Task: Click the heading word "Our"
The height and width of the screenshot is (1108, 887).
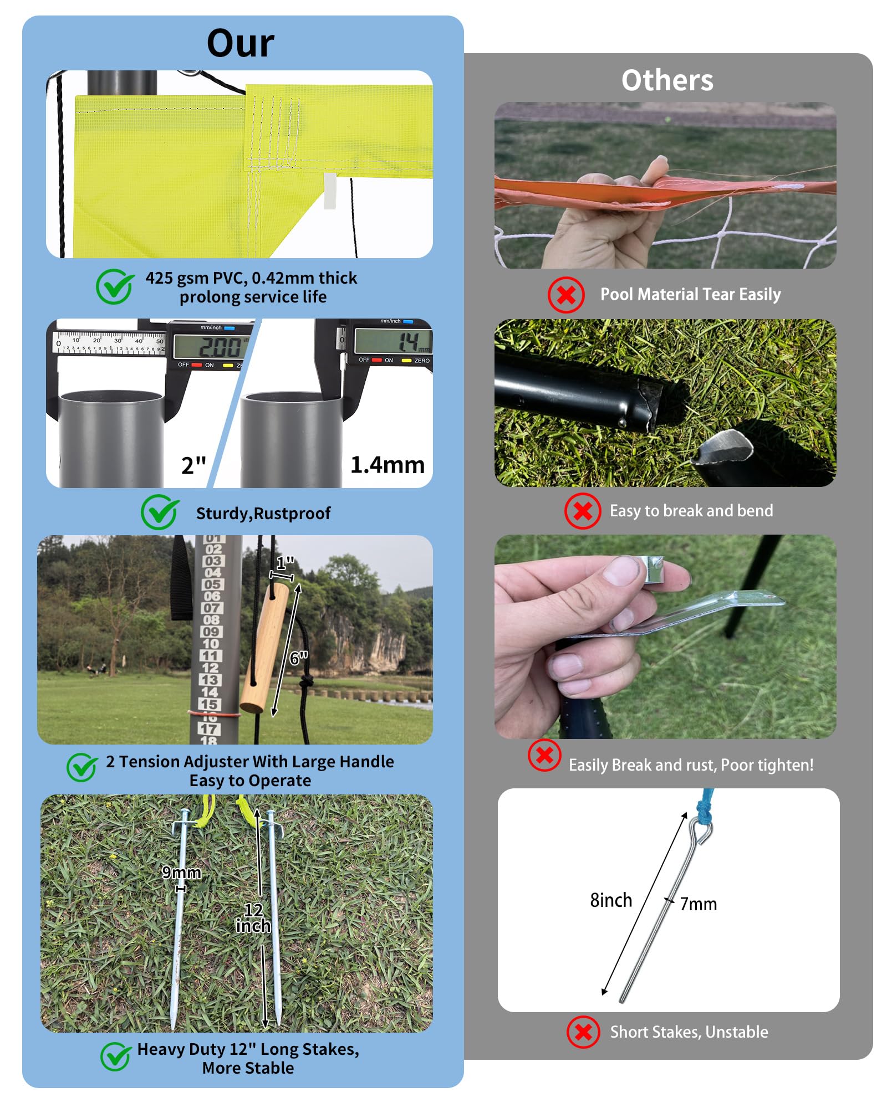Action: [240, 43]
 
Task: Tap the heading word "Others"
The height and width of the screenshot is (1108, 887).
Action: [667, 80]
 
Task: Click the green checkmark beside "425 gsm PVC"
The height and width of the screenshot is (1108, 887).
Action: [115, 286]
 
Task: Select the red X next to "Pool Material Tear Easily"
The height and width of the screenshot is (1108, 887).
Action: [565, 295]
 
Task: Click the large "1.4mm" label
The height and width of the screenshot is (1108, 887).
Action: [388, 465]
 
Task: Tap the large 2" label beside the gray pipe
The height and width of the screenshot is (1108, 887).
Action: [193, 465]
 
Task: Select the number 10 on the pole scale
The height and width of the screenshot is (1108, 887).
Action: [211, 644]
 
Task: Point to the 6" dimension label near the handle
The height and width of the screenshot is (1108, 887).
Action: [299, 658]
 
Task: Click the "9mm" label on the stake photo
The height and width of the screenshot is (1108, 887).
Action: [181, 873]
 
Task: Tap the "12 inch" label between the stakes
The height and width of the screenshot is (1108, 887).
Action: [253, 918]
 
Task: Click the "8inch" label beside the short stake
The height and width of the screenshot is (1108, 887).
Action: [611, 900]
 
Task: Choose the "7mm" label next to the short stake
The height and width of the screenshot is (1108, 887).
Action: [699, 904]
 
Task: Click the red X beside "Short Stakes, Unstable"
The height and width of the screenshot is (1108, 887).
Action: [583, 1032]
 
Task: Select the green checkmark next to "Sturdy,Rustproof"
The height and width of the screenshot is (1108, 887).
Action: [160, 512]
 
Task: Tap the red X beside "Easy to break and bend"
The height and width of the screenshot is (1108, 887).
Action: [582, 511]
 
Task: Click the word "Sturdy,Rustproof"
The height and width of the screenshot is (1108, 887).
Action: [263, 514]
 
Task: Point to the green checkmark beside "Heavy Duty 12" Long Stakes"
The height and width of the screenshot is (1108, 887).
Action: [116, 1056]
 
